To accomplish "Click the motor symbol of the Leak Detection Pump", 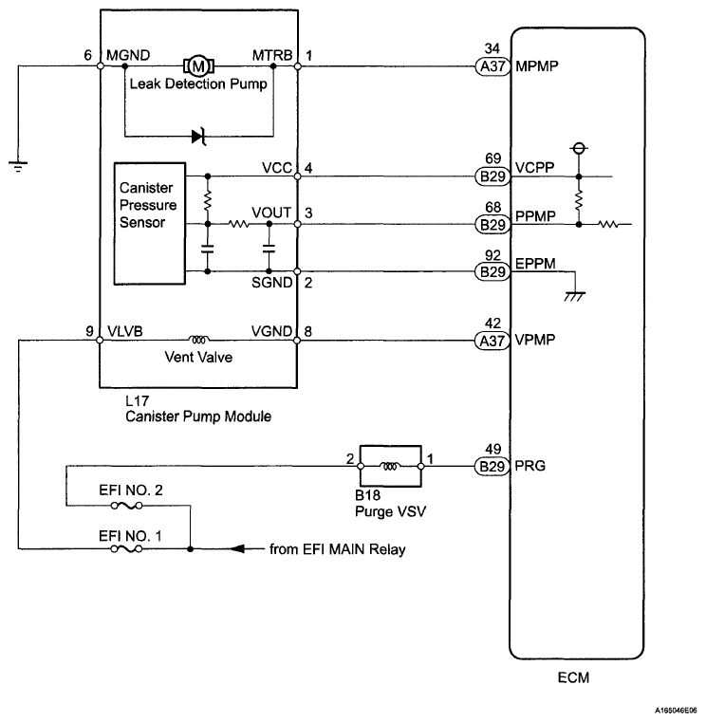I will [198, 66].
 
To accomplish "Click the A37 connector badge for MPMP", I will [492, 66].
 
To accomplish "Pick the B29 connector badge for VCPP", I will [492, 176].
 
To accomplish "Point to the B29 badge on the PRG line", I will [492, 466].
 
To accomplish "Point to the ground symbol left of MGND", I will [17, 166].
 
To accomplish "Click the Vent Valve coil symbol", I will [199, 337].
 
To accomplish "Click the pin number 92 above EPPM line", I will [492, 256].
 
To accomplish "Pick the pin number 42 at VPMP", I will [492, 322].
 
